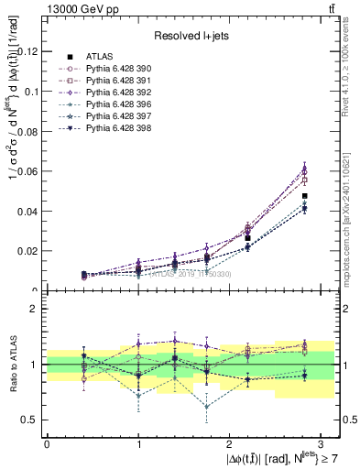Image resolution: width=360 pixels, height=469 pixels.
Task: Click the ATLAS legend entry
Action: (x=97, y=57)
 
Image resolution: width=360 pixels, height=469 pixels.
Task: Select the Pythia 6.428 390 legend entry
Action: (x=115, y=69)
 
